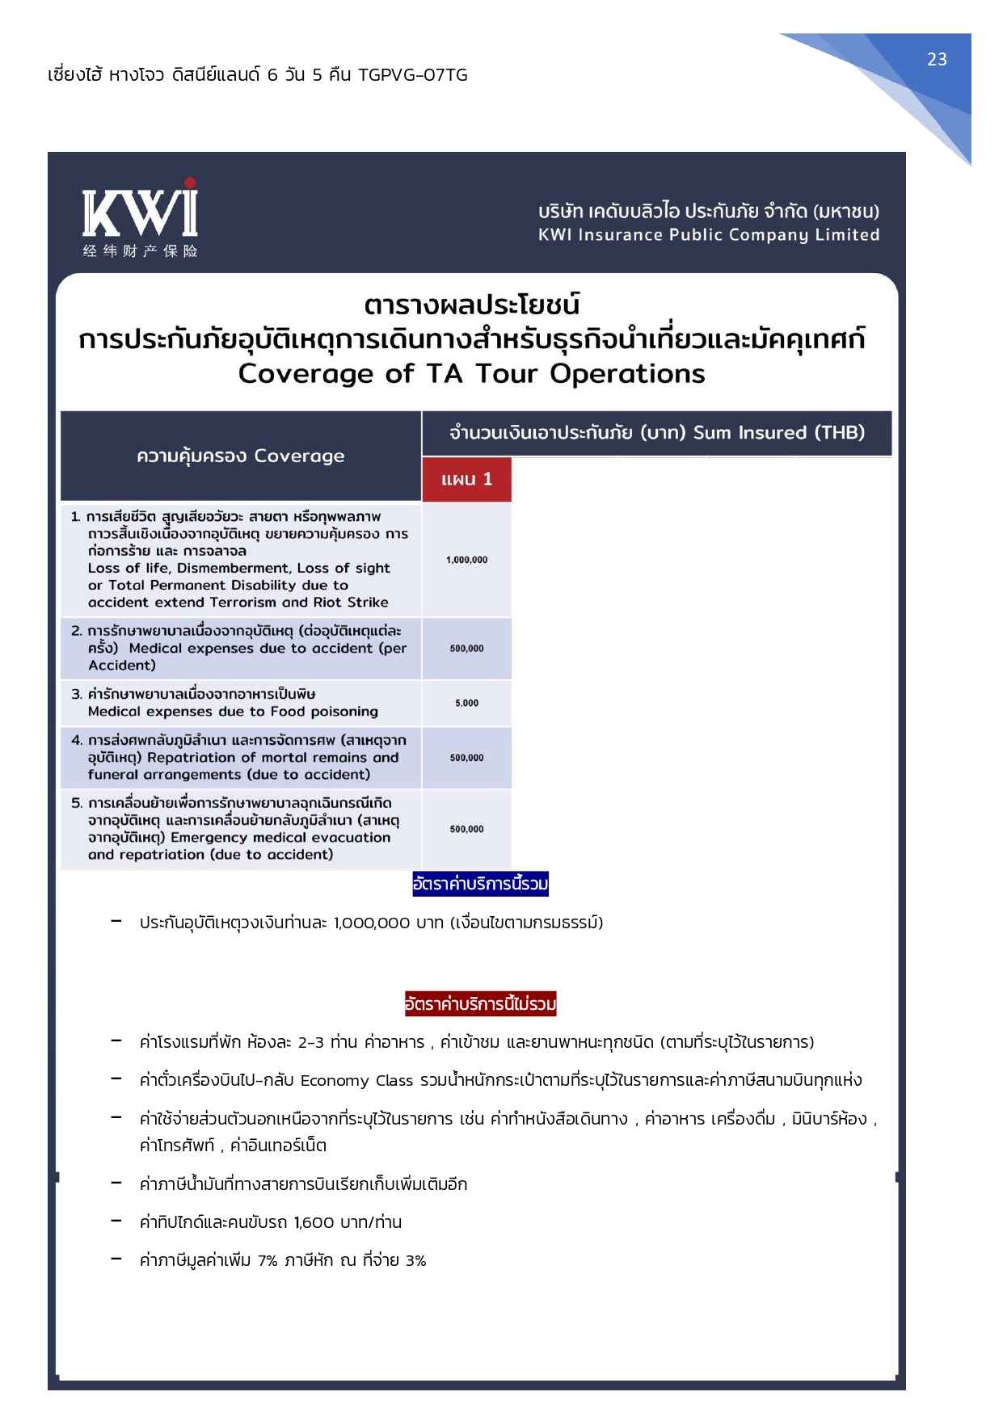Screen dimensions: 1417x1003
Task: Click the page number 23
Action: click(937, 60)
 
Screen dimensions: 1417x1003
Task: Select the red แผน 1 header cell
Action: click(466, 479)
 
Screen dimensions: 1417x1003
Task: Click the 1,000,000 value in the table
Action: click(466, 560)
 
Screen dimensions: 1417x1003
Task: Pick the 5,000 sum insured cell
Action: click(466, 703)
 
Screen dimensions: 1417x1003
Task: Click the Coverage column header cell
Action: click(240, 456)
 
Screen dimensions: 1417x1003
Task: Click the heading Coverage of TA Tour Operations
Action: click(471, 374)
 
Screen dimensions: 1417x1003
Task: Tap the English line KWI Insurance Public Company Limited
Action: click(709, 235)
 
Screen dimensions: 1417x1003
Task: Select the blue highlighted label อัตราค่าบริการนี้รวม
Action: click(480, 885)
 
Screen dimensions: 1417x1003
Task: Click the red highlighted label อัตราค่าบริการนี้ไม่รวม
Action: click(480, 1005)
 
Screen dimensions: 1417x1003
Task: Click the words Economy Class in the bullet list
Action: click(356, 1081)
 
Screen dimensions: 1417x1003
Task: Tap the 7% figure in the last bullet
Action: click(268, 1260)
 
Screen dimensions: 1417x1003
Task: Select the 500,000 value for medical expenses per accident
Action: click(466, 649)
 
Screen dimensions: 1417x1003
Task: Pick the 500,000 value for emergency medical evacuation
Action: click(466, 829)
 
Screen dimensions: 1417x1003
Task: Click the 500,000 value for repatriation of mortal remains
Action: click(466, 758)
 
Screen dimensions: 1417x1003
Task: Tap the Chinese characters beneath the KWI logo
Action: click(140, 251)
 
